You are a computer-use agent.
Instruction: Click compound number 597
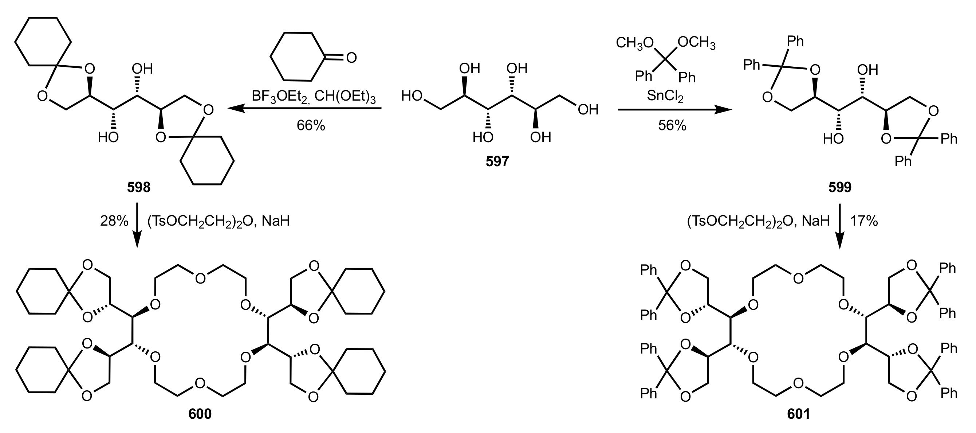click(x=497, y=161)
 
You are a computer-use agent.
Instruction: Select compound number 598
click(x=139, y=187)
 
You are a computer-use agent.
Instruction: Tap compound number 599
click(x=839, y=187)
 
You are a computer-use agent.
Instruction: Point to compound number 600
click(x=200, y=414)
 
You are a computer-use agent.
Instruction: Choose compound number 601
click(x=798, y=414)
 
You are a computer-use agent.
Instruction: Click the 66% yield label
click(x=311, y=125)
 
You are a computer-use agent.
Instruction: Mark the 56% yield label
click(x=672, y=125)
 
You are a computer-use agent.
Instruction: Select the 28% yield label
click(x=114, y=221)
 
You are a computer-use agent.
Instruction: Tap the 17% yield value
click(x=864, y=221)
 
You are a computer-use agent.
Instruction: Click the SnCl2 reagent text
click(x=665, y=96)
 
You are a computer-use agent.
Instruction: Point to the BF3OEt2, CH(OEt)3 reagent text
click(x=313, y=96)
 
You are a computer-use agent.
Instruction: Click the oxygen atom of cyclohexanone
click(x=351, y=58)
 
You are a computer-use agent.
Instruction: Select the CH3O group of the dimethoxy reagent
click(x=635, y=43)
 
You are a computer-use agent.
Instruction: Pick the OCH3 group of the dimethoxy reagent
click(x=696, y=43)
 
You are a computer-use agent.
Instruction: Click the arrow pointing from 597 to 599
click(x=674, y=110)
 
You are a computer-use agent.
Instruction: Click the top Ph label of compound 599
click(x=795, y=41)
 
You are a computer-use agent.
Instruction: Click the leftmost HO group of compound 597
click(x=412, y=96)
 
